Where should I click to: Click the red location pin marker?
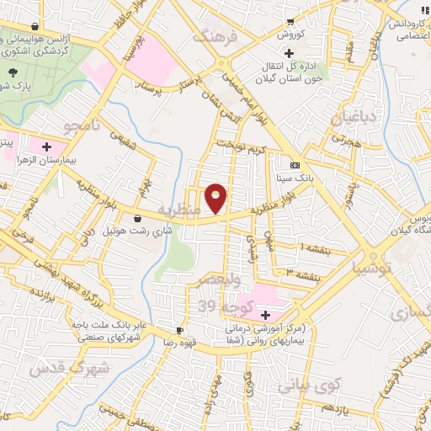click(216, 198)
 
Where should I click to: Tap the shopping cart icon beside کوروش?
click(290, 22)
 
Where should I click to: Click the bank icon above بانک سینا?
click(294, 166)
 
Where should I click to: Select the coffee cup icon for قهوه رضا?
click(179, 330)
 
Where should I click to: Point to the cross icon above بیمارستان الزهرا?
click(34, 146)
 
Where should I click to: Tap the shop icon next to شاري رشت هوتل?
click(137, 218)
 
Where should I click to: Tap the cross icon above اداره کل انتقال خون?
click(288, 53)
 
